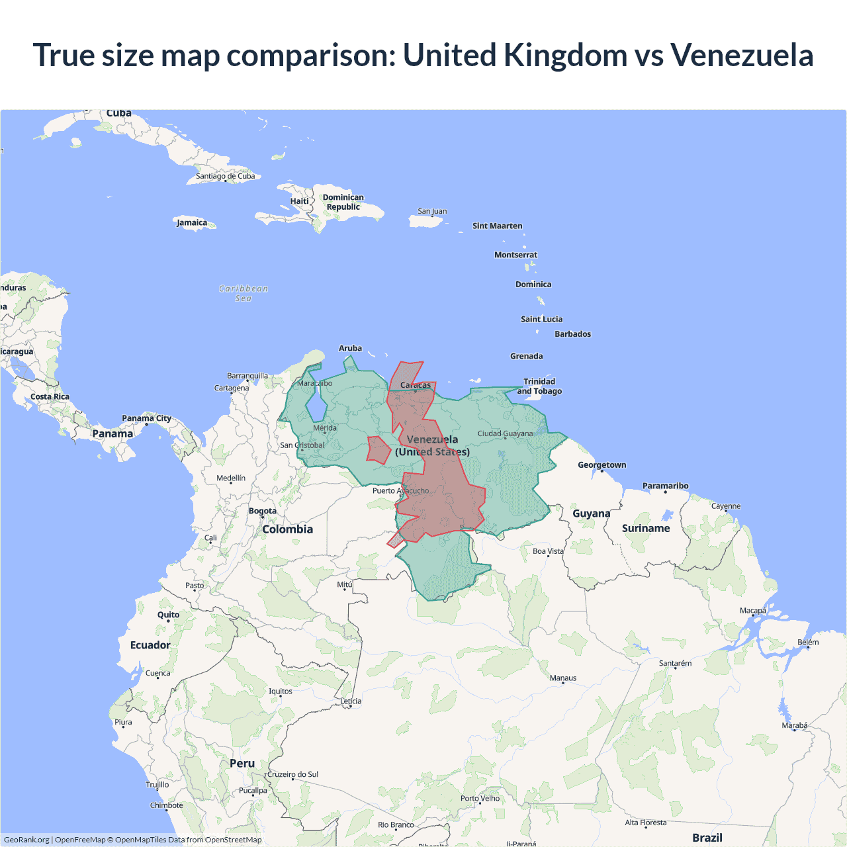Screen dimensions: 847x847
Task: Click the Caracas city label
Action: click(416, 385)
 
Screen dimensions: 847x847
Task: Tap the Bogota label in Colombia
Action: click(263, 511)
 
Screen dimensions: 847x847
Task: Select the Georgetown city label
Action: click(602, 465)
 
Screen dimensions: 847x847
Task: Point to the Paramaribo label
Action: click(665, 486)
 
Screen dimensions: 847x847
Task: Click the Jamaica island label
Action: click(192, 222)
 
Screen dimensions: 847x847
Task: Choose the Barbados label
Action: click(572, 334)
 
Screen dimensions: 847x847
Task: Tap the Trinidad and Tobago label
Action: click(539, 386)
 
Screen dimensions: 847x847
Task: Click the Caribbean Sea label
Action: click(244, 293)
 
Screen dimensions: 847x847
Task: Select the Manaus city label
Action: click(563, 678)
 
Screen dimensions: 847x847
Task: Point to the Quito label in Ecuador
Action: click(168, 615)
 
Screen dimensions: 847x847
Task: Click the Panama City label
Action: click(146, 418)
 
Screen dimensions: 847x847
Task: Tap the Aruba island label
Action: click(350, 348)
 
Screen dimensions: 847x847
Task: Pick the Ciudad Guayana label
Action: click(505, 433)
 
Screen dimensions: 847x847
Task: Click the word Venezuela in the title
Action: click(741, 55)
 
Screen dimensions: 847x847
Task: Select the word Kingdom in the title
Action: click(565, 55)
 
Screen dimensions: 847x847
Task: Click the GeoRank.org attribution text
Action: click(26, 840)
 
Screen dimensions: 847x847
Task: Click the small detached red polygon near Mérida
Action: click(379, 450)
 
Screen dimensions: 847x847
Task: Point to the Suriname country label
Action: click(646, 528)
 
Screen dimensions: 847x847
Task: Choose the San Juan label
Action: click(432, 211)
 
